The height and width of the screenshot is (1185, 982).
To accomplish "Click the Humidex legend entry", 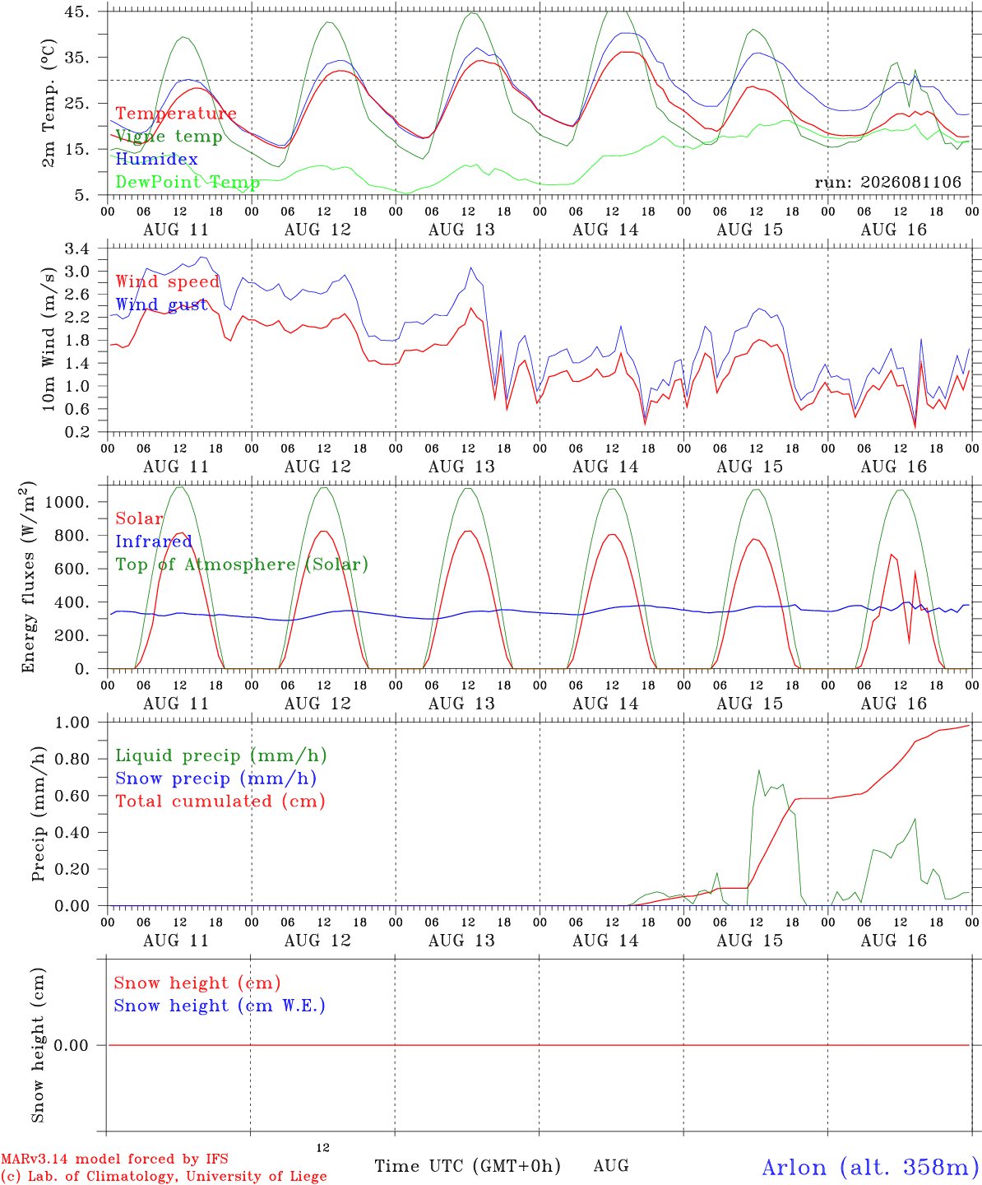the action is tap(156, 159).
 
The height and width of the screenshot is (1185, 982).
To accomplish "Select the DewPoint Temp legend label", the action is tap(188, 182).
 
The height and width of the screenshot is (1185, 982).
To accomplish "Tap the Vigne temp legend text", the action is tap(169, 137).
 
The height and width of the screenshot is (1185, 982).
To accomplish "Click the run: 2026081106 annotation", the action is tap(887, 182).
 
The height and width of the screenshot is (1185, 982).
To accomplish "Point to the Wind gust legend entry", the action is tap(162, 304).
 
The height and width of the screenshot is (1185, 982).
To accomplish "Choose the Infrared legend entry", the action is tap(154, 541).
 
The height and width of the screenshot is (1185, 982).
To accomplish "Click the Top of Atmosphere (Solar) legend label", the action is tap(243, 565).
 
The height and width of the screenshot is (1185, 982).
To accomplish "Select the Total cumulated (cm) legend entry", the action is tap(220, 802).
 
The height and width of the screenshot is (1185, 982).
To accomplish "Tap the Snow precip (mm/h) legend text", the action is tap(215, 778).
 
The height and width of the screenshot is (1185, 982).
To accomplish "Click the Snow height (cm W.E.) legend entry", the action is tap(220, 1006).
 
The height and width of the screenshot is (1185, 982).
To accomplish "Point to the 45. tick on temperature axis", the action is tap(76, 12).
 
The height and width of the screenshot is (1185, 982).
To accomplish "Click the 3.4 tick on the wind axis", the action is tap(76, 249).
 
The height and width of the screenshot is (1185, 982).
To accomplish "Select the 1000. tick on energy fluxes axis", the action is tap(67, 502).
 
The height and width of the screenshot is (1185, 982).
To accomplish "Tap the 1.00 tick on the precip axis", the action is tap(72, 723).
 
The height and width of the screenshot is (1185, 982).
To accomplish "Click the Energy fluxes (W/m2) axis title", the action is tap(28, 577).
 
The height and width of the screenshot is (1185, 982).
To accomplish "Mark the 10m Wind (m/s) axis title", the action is tap(49, 339).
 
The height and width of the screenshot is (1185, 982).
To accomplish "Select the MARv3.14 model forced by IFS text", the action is tap(114, 1159).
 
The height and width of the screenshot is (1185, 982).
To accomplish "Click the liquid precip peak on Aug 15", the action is tap(759, 771).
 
